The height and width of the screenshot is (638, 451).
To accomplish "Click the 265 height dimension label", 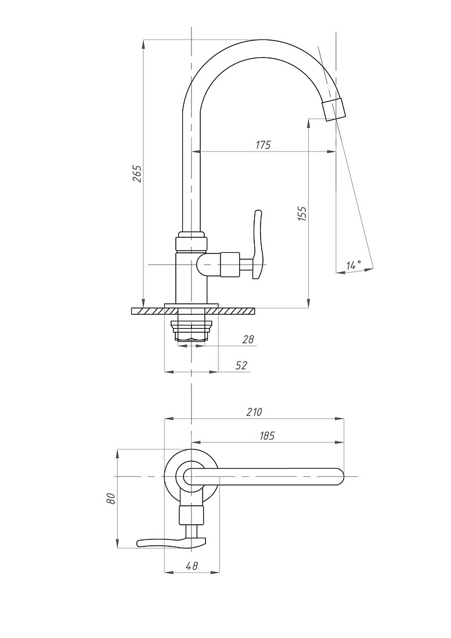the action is pyautogui.click(x=138, y=174).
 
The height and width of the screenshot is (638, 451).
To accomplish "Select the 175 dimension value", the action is pyautogui.click(x=263, y=145).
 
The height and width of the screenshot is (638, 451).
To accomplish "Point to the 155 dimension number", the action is pyautogui.click(x=302, y=213).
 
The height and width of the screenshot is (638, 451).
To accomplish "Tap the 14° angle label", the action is pyautogui.click(x=353, y=265).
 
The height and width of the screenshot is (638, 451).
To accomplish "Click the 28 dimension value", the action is pyautogui.click(x=248, y=339).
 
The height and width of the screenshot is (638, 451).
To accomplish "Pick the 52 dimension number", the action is pyautogui.click(x=241, y=365).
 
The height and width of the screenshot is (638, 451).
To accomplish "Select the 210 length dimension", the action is pyautogui.click(x=254, y=412).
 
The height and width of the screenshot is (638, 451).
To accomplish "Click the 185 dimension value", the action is pyautogui.click(x=267, y=436).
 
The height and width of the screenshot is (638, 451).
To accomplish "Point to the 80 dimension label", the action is pyautogui.click(x=111, y=498).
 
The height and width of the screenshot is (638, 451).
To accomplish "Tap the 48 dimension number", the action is pyautogui.click(x=192, y=565).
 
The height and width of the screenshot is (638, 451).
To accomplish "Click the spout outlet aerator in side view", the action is pyautogui.click(x=333, y=108).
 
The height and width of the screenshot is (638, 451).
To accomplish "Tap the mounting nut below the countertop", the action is pyautogui.click(x=192, y=331).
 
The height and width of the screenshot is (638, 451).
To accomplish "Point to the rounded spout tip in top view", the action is pyautogui.click(x=338, y=476).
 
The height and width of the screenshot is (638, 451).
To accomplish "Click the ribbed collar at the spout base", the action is pyautogui.click(x=192, y=241).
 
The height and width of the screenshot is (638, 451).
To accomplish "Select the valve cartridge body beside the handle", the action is pyautogui.click(x=230, y=264).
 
